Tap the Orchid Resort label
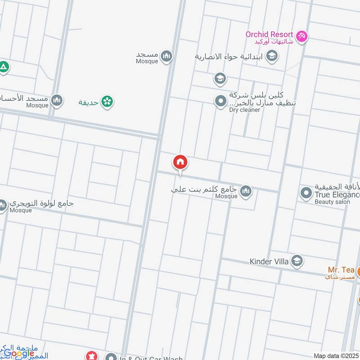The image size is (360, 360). [269, 35]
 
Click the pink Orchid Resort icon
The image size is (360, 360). [301, 36]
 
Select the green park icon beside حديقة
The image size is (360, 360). [107, 102]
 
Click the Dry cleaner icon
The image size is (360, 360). [220, 101]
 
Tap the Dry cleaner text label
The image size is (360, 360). [244, 110]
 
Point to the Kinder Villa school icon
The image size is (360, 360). [297, 261]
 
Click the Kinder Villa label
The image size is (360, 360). [270, 261]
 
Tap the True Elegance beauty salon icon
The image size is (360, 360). [306, 193]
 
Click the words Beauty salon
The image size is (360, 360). [332, 202]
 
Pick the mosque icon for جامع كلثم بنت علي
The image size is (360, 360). [246, 192]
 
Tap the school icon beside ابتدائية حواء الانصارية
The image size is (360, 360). [272, 56]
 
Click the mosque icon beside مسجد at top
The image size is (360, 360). [167, 56]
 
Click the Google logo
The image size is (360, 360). [18, 353]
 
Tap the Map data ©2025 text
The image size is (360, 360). [336, 356]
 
